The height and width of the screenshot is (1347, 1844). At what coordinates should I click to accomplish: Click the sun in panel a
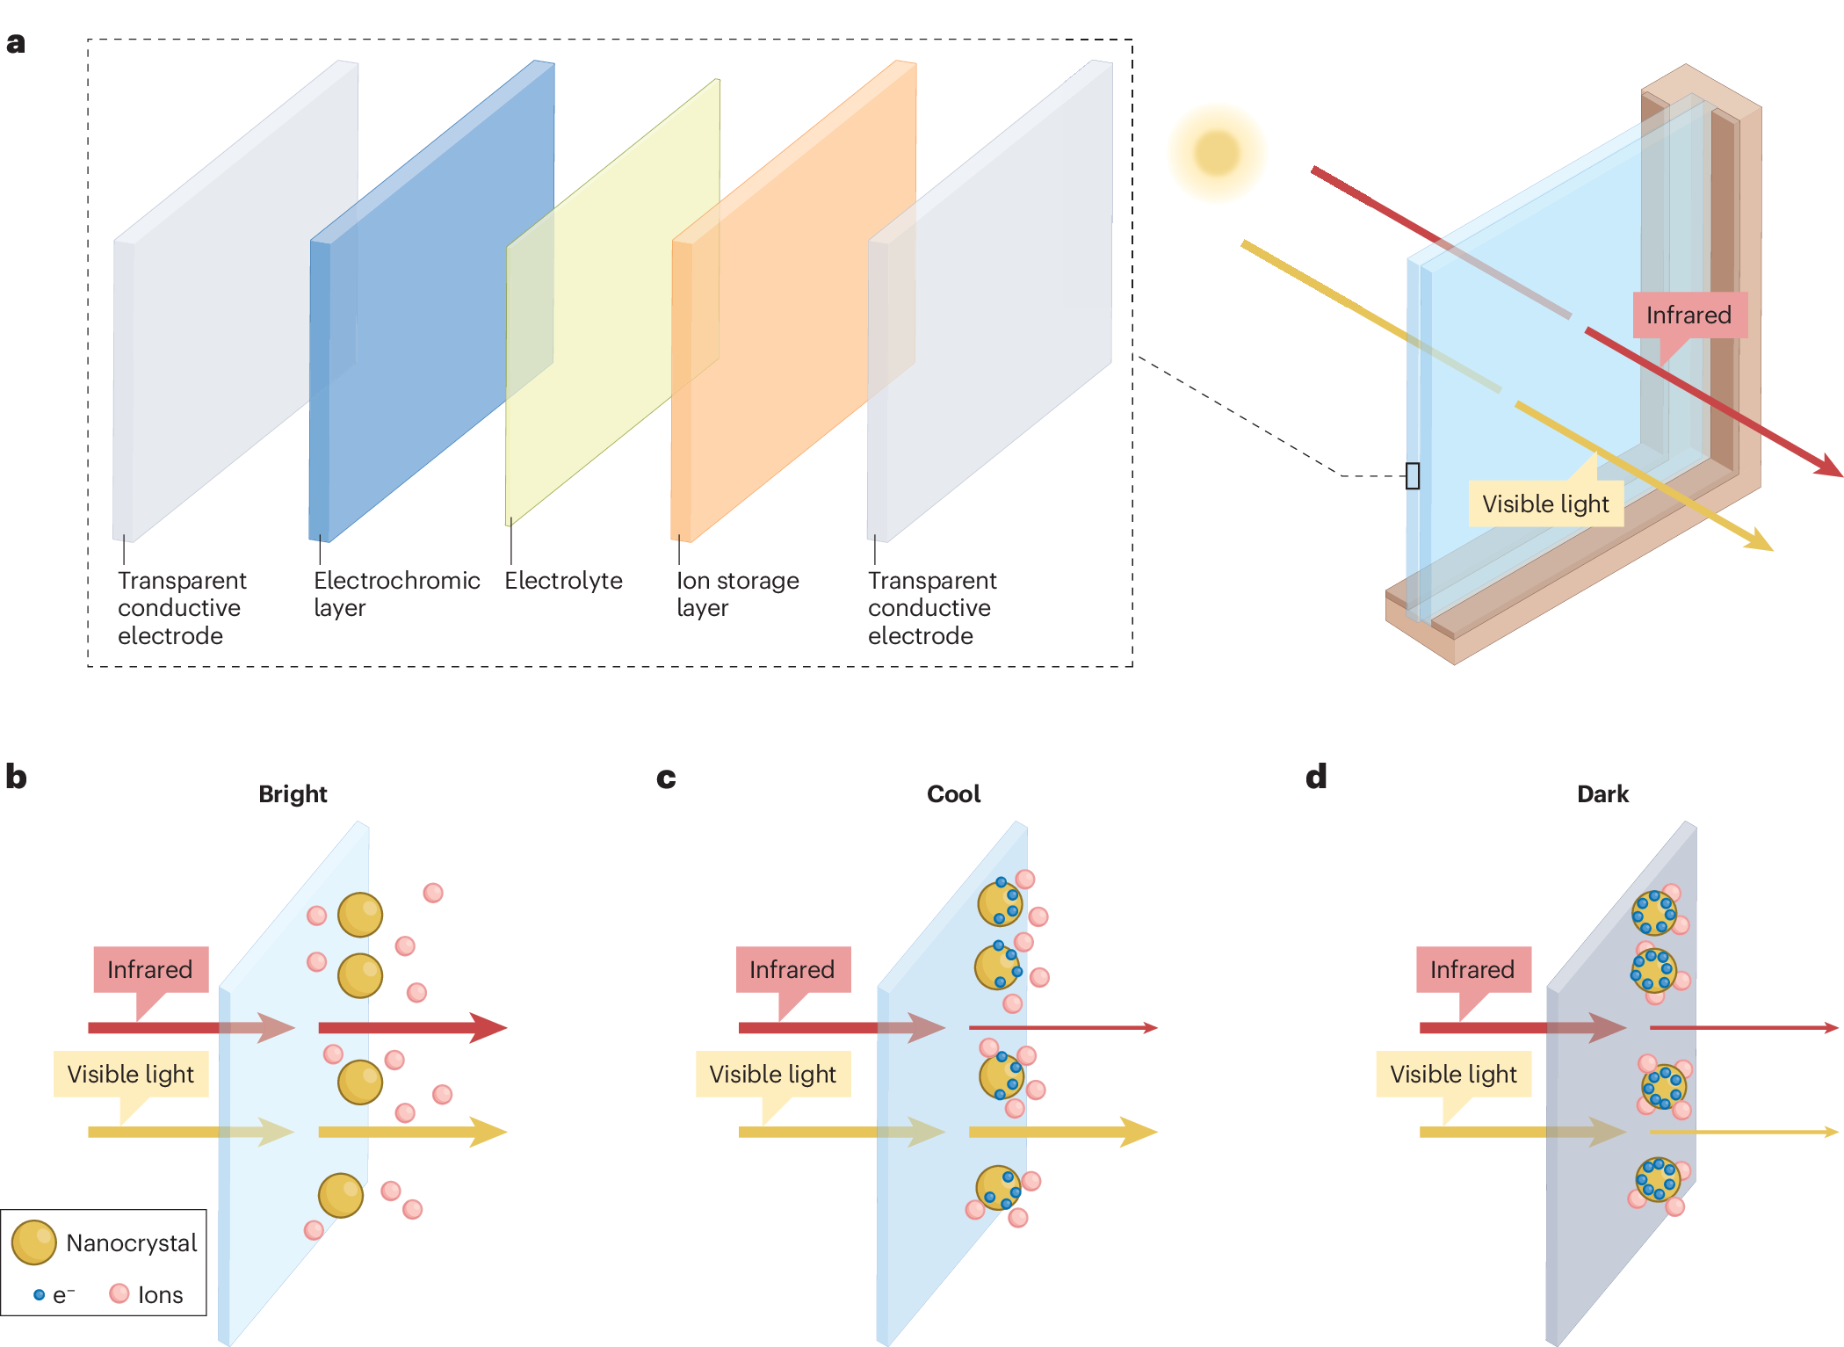(x=1217, y=153)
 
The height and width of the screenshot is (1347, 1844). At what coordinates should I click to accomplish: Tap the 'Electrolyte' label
(x=563, y=581)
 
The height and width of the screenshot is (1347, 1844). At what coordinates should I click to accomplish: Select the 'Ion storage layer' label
(x=737, y=594)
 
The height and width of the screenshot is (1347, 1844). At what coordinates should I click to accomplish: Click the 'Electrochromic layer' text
(x=396, y=594)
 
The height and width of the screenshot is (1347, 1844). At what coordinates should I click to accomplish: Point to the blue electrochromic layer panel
(x=430, y=299)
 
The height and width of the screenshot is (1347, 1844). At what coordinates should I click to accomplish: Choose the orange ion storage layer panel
(x=791, y=299)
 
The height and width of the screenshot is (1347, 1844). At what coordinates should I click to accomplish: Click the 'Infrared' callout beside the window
(x=1689, y=315)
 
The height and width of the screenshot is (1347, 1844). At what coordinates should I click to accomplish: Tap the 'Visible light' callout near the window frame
(x=1545, y=504)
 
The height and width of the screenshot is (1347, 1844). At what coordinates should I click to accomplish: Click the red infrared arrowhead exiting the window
(x=1828, y=466)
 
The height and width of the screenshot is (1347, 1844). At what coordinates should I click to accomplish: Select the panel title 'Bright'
(x=293, y=794)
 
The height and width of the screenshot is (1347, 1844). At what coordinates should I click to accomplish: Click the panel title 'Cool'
(x=953, y=794)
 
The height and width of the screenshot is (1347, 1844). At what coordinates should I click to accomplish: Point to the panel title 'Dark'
(x=1602, y=794)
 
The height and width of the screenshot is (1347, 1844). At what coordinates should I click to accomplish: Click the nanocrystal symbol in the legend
(x=34, y=1242)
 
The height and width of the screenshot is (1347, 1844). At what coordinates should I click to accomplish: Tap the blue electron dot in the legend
(x=39, y=1294)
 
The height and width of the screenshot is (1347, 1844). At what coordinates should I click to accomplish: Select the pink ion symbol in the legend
(x=119, y=1293)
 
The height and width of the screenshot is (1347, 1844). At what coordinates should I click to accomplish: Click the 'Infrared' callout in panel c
(x=792, y=969)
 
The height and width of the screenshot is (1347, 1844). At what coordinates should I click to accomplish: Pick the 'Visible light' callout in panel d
(x=1453, y=1074)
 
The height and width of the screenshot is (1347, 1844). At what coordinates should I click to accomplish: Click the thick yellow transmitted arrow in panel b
(x=413, y=1132)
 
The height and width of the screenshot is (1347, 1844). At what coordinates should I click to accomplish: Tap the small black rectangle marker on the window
(x=1413, y=475)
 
